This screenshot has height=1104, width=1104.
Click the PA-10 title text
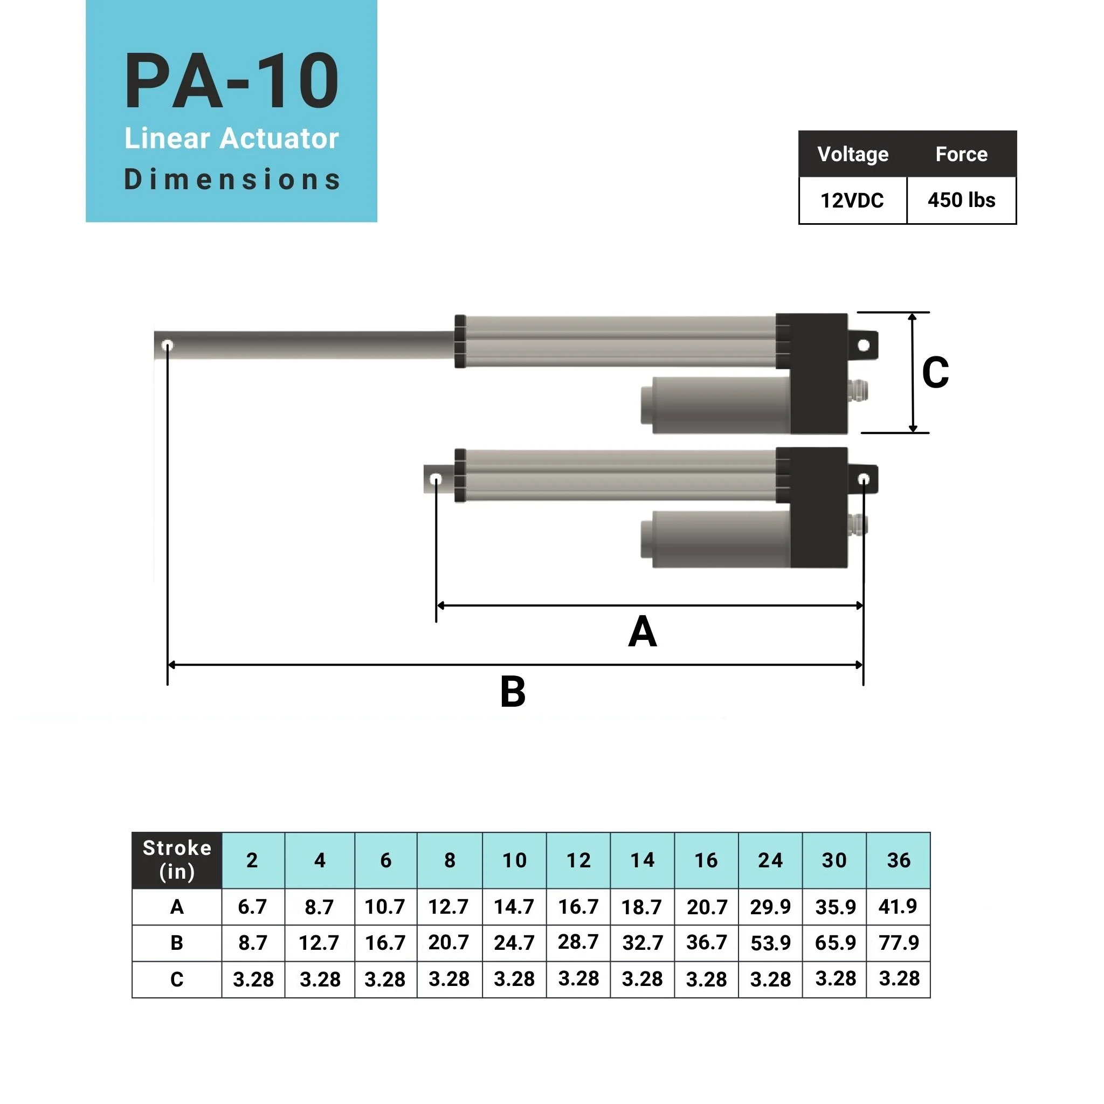pyautogui.click(x=231, y=81)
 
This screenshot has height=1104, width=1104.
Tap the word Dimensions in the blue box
pyautogui.click(x=231, y=180)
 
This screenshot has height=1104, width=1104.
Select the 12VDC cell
pyautogui.click(x=852, y=201)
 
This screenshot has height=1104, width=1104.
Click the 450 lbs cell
pyautogui.click(x=961, y=201)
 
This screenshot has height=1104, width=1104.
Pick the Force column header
pyautogui.click(x=961, y=154)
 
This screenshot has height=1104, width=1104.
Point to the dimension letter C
pyautogui.click(x=935, y=373)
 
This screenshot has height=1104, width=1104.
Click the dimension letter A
pyautogui.click(x=642, y=632)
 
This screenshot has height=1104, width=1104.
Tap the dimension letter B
pyautogui.click(x=513, y=692)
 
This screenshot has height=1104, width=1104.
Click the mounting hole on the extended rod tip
pyautogui.click(x=168, y=345)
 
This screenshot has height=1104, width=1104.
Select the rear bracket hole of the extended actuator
pyautogui.click(x=864, y=344)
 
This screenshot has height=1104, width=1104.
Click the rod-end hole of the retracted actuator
pyautogui.click(x=436, y=479)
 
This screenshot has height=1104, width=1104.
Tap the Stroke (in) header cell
pyautogui.click(x=177, y=860)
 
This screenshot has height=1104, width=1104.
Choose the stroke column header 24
pyautogui.click(x=770, y=860)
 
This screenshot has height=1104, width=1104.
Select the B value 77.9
pyautogui.click(x=898, y=942)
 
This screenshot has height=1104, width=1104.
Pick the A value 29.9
pyautogui.click(x=770, y=907)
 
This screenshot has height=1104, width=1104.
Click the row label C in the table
pyautogui.click(x=177, y=979)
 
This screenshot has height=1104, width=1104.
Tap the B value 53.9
pyautogui.click(x=770, y=943)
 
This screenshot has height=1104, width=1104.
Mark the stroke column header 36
pyautogui.click(x=898, y=860)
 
